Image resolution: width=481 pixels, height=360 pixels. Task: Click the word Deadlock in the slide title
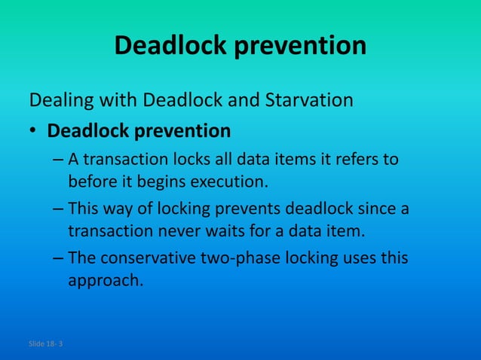coord(170,47)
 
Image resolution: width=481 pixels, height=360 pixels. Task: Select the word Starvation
coord(310,99)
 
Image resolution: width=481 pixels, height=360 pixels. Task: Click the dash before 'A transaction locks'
coord(59,160)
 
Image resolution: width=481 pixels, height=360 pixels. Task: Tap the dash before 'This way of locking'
coord(59,208)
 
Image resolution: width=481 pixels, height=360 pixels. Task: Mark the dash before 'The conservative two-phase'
coord(59,258)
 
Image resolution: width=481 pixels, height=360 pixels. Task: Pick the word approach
coord(105,280)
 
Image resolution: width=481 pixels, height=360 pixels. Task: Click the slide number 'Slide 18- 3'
coord(46,344)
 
